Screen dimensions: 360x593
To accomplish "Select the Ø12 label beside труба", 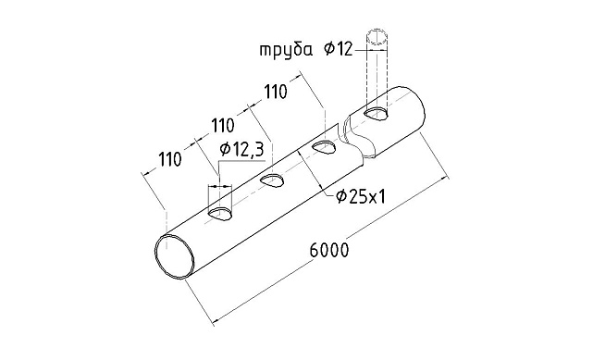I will pos(339,49).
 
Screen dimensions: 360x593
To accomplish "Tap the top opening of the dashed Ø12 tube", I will pos(377,38).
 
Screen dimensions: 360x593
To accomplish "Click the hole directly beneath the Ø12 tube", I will pos(377,114).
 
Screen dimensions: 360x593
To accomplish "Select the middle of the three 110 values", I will pos(223,125).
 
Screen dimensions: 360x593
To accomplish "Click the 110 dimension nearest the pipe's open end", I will pos(168,158).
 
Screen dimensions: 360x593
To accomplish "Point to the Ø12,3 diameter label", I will pos(240,148).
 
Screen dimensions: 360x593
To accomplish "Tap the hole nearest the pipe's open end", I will pos(220,214).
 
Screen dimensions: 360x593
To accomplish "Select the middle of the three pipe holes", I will pos(271,180).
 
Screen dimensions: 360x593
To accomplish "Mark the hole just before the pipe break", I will pos(324,148).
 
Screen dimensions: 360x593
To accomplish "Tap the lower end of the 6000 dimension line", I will pos(215,323).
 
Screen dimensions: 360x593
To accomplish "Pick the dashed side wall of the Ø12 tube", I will pos(366,74).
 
